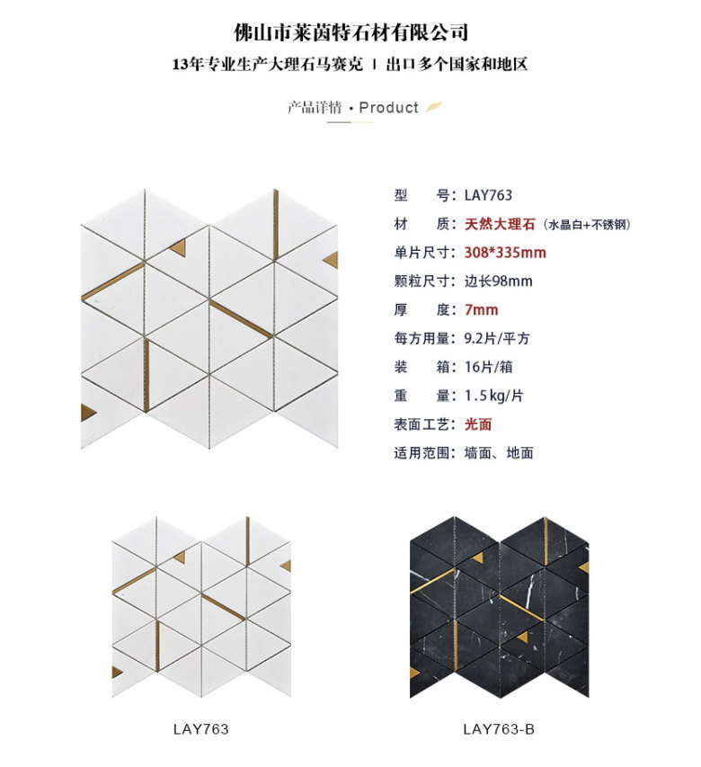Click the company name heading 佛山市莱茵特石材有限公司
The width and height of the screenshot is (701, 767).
351,32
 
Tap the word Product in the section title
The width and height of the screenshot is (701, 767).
388,107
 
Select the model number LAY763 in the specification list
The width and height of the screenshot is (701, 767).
488,195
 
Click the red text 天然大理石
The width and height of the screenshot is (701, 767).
500,224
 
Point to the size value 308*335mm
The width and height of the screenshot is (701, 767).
505,253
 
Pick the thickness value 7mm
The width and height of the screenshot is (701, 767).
482,309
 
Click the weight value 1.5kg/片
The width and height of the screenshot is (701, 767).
493,396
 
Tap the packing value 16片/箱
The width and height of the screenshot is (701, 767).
488,367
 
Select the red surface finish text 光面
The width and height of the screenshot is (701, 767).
478,424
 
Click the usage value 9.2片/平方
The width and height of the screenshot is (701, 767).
497,338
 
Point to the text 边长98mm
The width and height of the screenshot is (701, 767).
498,281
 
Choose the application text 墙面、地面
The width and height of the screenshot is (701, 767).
499,452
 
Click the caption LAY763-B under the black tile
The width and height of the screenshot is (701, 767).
499,729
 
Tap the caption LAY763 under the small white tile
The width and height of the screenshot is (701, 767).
200,729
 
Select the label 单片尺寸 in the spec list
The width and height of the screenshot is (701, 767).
421,253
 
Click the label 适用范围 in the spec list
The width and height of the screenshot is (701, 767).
421,452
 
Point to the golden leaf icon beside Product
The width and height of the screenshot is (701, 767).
433,107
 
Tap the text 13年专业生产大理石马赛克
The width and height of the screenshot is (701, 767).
268,64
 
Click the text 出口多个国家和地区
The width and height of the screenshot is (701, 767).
457,64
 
